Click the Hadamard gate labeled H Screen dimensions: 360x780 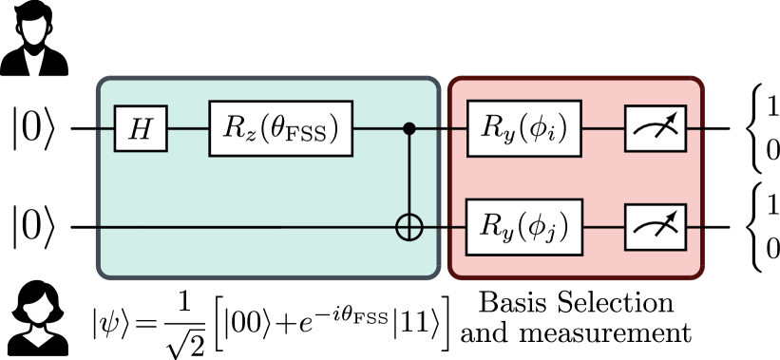point(141,128)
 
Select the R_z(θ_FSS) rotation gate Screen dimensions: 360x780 point(280,128)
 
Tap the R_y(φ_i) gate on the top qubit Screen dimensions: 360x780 point(523,128)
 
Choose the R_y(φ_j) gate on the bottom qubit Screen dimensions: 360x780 point(523,227)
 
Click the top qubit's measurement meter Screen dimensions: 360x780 point(655,128)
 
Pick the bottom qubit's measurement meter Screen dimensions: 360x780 point(655,227)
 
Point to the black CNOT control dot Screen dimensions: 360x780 point(409,128)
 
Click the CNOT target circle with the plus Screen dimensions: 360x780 point(409,228)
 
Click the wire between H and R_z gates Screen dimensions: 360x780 point(188,128)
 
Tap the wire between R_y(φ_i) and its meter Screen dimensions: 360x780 point(602,128)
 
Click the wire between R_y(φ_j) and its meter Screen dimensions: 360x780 point(602,227)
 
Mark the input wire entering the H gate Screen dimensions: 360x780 point(105,128)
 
